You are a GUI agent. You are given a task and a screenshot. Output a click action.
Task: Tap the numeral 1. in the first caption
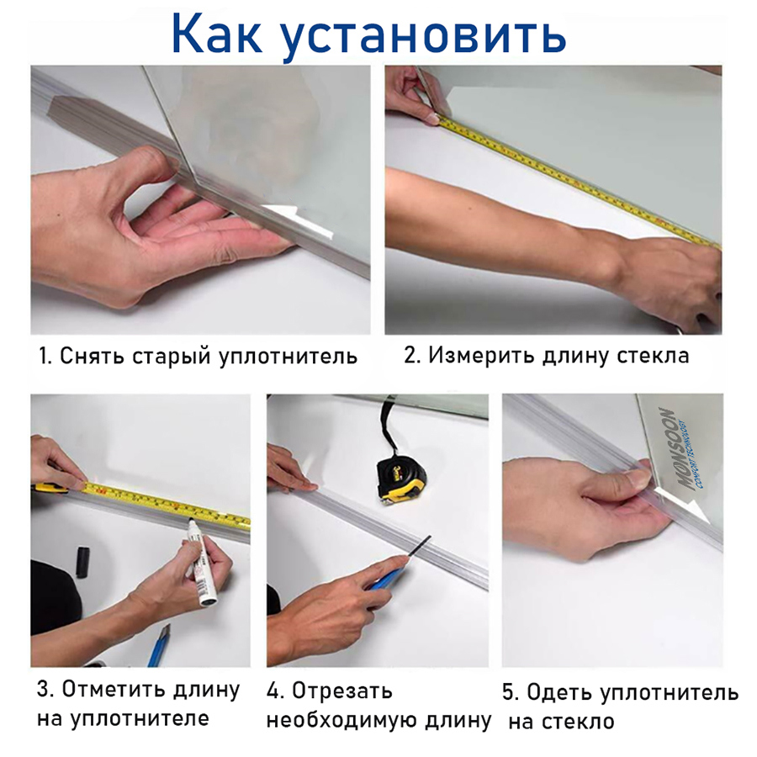(45, 356)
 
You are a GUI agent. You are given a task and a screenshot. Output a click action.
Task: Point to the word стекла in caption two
(652, 355)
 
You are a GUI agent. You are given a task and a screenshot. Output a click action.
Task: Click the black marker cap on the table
(83, 560)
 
